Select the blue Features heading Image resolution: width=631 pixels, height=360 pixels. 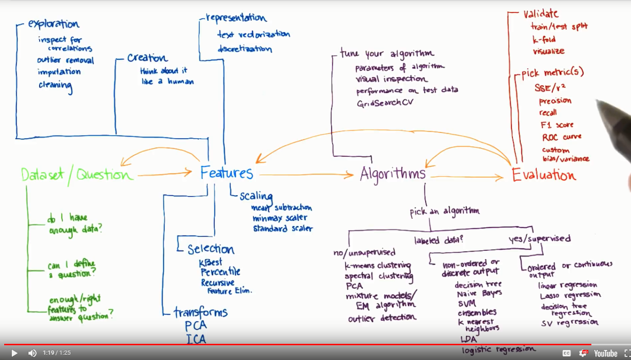pos(227,173)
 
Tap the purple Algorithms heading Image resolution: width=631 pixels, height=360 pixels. pos(393,174)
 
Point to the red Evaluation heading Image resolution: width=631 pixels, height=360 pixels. pos(544,175)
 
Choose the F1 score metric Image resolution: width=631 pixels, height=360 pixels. pos(556,125)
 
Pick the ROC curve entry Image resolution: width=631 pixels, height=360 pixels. pos(561,137)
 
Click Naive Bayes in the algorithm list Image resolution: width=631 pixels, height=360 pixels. pos(479,293)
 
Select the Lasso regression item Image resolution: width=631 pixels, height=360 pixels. pos(569,295)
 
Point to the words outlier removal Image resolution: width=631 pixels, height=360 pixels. pos(65,60)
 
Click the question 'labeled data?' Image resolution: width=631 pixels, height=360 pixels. pos(438,240)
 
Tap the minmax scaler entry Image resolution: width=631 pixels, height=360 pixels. pos(279,218)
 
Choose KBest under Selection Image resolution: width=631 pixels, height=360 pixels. pos(211,262)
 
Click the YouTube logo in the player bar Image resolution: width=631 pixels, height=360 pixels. pos(605,353)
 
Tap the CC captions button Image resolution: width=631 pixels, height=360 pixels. pos(566,353)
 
